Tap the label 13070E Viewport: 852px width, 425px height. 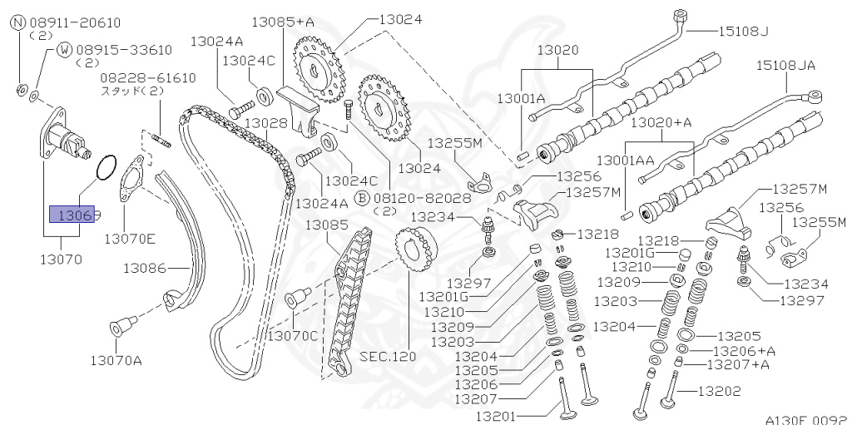point(130,240)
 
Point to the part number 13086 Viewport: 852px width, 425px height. point(146,268)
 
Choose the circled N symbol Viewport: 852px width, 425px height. point(17,23)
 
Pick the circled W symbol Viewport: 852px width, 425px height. point(64,51)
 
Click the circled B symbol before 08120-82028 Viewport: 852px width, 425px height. point(361,198)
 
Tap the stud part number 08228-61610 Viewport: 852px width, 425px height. point(148,78)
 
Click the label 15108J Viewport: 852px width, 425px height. point(742,32)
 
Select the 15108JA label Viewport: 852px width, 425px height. point(786,63)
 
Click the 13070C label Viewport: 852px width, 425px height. point(292,335)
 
